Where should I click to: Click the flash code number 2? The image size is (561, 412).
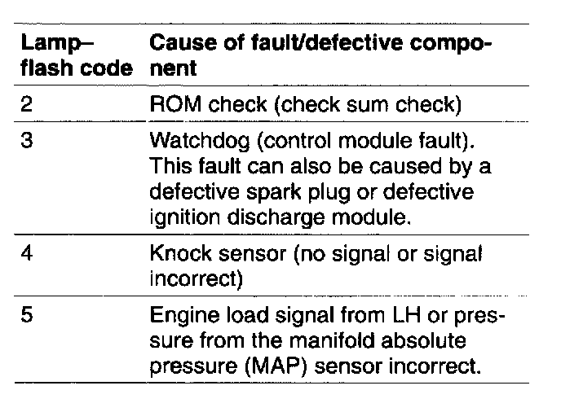[24, 104]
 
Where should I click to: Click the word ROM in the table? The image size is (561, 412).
[172, 104]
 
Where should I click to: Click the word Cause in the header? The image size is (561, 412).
[179, 42]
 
